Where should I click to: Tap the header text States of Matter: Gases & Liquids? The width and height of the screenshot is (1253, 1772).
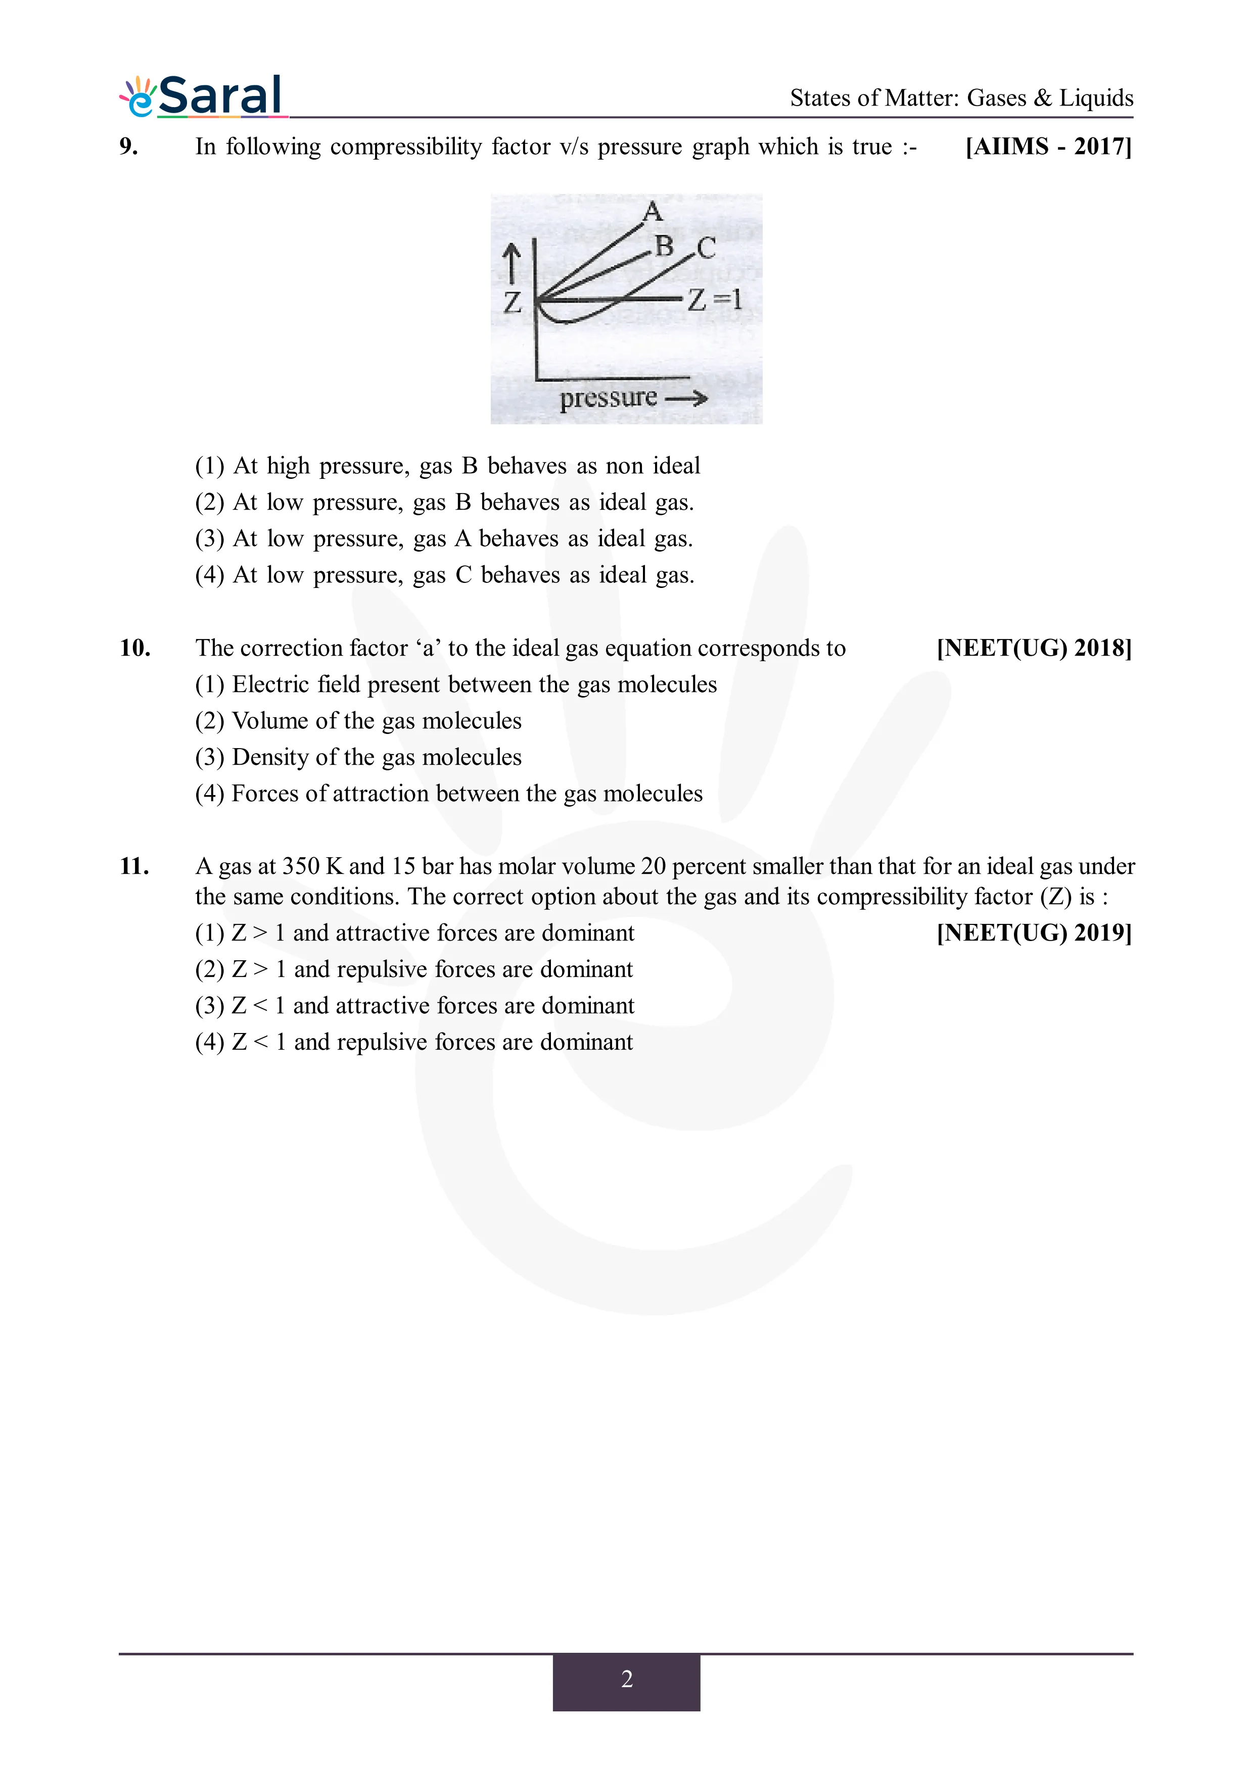pyautogui.click(x=961, y=98)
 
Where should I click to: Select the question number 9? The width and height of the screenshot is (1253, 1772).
pyautogui.click(x=129, y=146)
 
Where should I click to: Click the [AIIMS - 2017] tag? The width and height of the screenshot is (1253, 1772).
pyautogui.click(x=1048, y=146)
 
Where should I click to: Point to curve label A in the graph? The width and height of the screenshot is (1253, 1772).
pyautogui.click(x=653, y=211)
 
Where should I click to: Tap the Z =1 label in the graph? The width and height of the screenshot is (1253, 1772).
pyautogui.click(x=715, y=300)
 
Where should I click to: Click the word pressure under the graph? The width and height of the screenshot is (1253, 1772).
pyautogui.click(x=609, y=398)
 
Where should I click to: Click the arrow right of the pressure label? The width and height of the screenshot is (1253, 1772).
pyautogui.click(x=686, y=398)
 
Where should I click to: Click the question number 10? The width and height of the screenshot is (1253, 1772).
pyautogui.click(x=134, y=648)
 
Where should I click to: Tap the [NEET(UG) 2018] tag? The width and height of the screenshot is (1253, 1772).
pyautogui.click(x=1034, y=648)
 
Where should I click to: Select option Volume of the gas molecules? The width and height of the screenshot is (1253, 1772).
pyautogui.click(x=358, y=721)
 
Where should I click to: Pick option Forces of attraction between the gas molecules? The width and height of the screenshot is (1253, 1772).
pyautogui.click(x=448, y=794)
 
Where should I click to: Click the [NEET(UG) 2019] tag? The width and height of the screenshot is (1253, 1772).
pyautogui.click(x=1034, y=932)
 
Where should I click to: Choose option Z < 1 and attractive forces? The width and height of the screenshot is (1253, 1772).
pyautogui.click(x=414, y=1006)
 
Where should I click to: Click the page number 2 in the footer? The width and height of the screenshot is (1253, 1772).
pyautogui.click(x=626, y=1679)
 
